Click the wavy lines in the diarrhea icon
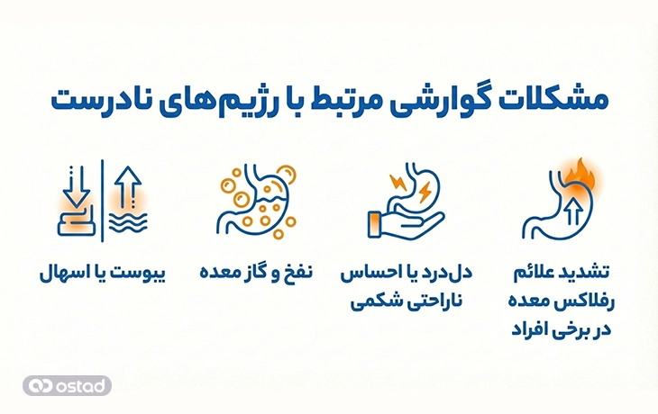[126, 223]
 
